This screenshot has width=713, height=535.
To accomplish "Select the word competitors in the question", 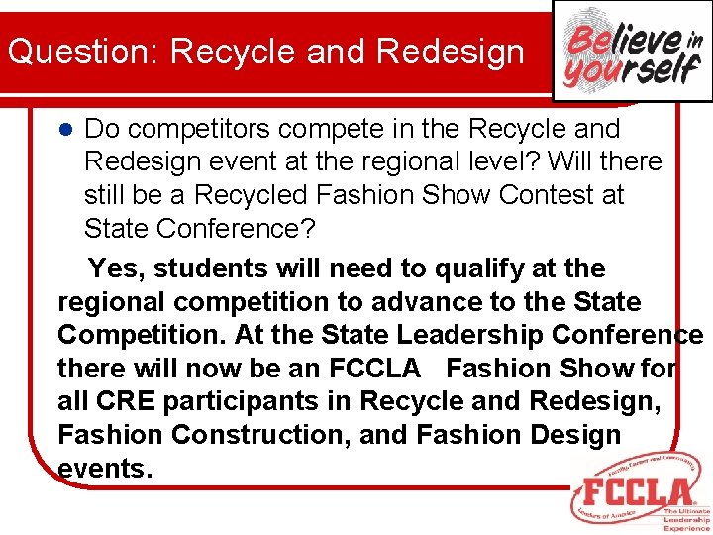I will pyautogui.click(x=201, y=129).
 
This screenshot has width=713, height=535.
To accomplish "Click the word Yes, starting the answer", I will pyautogui.click(x=117, y=267).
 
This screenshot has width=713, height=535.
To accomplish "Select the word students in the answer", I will pyautogui.click(x=207, y=267).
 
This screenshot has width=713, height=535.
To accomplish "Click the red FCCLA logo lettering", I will pyautogui.click(x=638, y=492).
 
